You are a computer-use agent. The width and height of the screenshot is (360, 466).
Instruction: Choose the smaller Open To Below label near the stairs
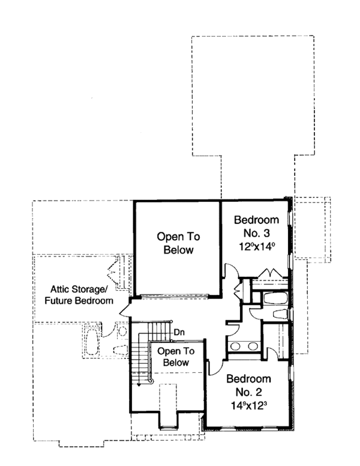point(174,357)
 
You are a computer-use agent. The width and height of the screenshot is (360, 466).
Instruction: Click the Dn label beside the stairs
point(179,331)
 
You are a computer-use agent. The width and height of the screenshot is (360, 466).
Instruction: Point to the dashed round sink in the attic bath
point(122,331)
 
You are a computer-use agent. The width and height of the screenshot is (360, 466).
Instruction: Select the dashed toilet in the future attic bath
point(119,351)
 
